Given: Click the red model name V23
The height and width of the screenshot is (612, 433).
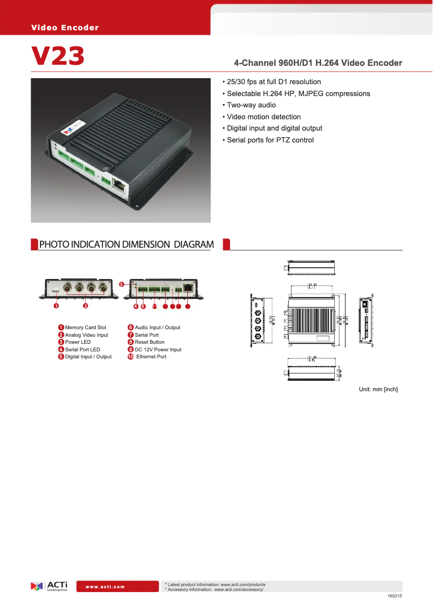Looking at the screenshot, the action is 58,56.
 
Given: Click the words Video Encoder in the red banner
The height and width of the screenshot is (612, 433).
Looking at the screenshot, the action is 65,28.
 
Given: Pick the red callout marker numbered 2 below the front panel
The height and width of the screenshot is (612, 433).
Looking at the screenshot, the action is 85,306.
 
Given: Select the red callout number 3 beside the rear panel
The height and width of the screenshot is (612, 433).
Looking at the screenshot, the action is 121,284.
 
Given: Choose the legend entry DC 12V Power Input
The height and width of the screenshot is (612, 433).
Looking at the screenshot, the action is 158,350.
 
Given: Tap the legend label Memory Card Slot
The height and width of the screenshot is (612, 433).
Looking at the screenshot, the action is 85,328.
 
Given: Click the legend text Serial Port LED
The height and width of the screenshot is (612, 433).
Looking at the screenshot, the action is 83,350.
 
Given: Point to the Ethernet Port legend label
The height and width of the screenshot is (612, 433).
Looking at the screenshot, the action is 151,357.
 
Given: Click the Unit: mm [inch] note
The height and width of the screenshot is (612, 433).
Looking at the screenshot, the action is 378,389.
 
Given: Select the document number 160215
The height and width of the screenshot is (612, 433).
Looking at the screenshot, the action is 395,596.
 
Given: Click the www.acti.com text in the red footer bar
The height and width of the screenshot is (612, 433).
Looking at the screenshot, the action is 105,587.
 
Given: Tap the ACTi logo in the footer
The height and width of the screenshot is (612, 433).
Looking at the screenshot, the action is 49,586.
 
